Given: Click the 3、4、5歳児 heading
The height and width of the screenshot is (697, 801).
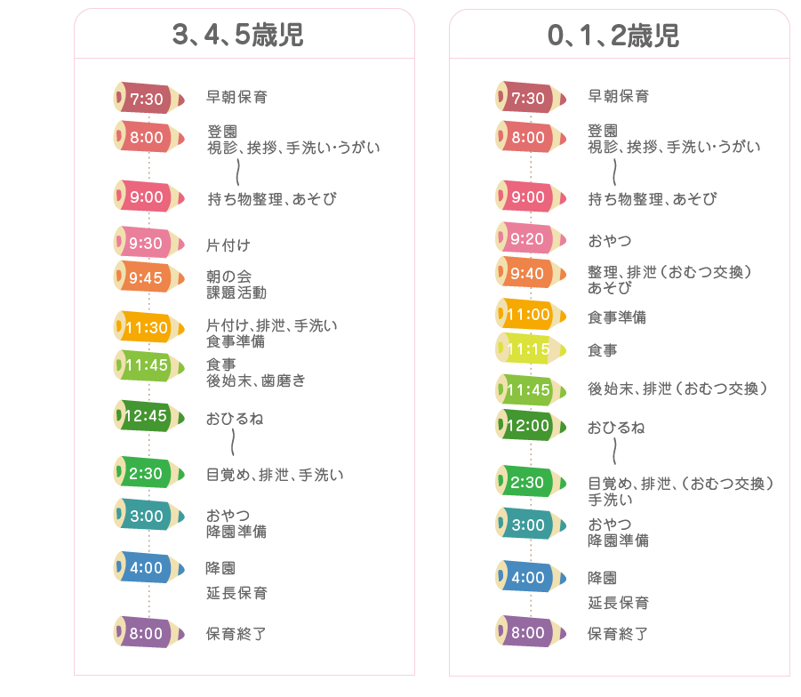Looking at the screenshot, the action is point(238,35).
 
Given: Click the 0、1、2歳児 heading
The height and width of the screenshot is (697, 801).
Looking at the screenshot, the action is point(613,36).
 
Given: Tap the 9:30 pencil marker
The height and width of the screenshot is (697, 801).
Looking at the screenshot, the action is point(148,243).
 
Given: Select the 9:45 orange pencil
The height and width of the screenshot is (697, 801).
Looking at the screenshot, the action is point(148,277).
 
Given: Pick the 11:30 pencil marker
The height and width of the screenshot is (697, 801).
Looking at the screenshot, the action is point(148,327).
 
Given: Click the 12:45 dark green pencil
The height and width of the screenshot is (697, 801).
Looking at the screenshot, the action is point(148,416).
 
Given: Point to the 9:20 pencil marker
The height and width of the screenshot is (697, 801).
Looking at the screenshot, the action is point(531,238).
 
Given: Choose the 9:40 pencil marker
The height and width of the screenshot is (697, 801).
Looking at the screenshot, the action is point(531,273).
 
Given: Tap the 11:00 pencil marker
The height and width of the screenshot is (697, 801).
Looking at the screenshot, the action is point(531,314).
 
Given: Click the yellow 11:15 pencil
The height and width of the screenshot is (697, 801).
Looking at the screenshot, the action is point(531,348).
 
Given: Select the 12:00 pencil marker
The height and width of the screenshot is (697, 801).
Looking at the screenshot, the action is point(531,425).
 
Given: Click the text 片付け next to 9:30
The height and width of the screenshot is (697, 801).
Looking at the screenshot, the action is point(228,245).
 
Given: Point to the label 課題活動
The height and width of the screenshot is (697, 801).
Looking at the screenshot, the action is point(236,292).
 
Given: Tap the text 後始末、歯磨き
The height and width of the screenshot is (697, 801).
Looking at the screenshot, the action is point(256,381).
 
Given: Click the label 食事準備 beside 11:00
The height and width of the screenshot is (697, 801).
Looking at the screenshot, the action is point(617,317).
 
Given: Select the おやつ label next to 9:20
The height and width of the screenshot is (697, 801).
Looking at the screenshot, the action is point(610,241).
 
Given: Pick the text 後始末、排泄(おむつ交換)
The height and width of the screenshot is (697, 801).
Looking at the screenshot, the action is point(678,389).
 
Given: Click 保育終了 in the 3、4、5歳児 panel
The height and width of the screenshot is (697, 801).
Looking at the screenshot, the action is point(236,634).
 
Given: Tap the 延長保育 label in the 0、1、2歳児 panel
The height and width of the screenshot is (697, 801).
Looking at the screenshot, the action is point(619,603).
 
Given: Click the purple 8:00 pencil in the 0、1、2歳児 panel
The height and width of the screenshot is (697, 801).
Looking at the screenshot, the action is point(531,631).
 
